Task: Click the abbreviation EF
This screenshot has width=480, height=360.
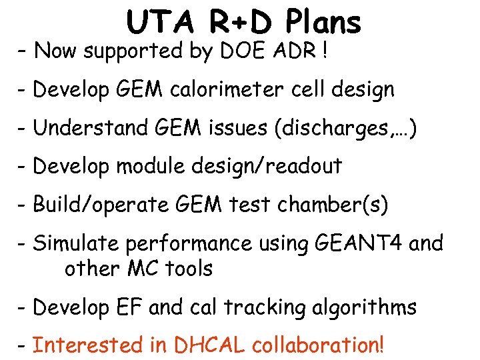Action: (130, 307)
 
